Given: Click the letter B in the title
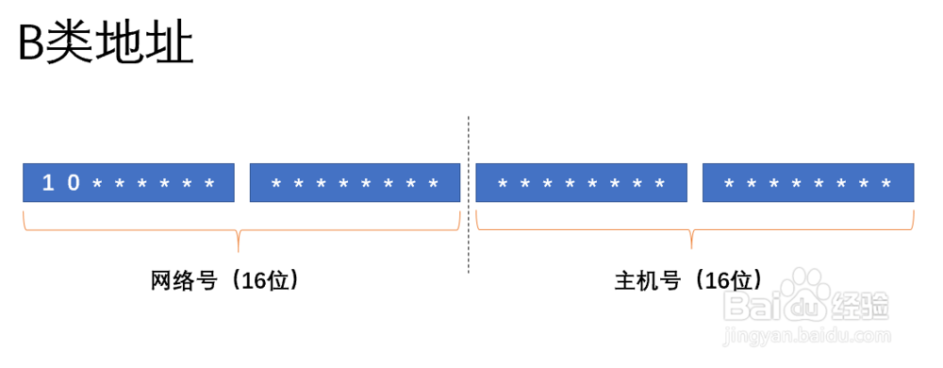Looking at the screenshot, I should coord(32,45).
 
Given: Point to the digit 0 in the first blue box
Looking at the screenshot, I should coord(73,183).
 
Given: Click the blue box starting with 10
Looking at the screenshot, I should coord(128,182).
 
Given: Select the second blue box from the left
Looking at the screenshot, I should coord(355,182).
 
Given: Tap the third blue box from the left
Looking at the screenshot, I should coord(581,182).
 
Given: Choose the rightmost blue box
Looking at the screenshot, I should coord(808,182).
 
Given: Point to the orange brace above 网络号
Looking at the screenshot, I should coord(240,231).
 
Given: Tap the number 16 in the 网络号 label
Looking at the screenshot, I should coord(255,281).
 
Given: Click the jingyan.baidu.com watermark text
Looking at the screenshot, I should coord(802,334).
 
